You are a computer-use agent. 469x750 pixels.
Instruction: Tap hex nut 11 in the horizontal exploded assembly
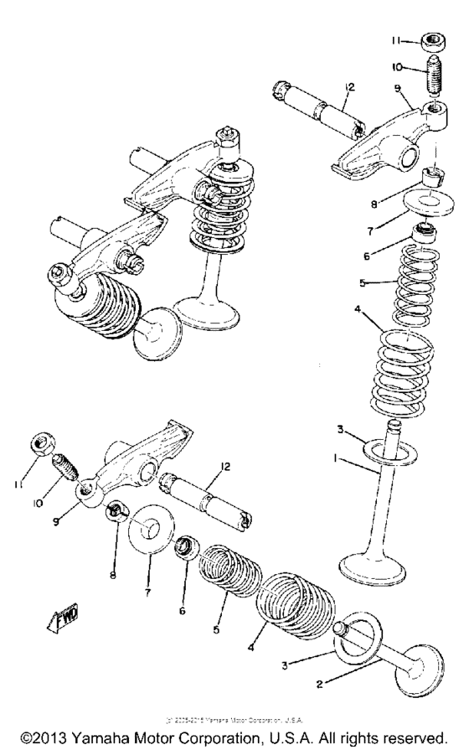click(x=41, y=444)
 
